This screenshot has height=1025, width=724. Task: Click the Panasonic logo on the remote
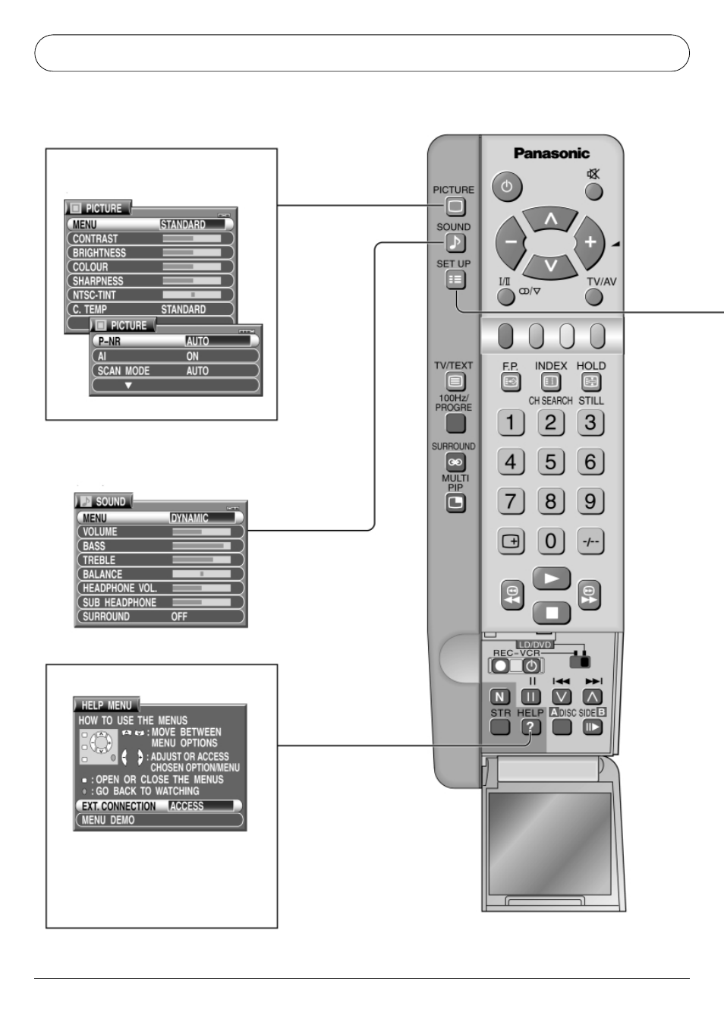[552, 153]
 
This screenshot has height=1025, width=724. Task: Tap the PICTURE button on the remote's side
[455, 207]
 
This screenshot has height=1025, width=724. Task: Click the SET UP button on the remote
[455, 279]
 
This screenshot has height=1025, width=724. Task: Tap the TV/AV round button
[593, 297]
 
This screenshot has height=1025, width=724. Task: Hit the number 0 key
[551, 541]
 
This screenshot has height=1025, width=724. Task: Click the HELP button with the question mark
[531, 727]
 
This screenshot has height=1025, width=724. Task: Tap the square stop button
[552, 613]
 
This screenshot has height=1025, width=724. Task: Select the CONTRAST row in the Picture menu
[150, 238]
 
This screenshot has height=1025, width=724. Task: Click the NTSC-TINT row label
[94, 295]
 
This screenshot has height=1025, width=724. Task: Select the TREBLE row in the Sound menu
[160, 560]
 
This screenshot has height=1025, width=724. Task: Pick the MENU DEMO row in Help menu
[159, 820]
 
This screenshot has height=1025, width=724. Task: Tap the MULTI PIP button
[455, 504]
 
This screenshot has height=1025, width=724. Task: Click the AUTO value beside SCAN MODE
[197, 371]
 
